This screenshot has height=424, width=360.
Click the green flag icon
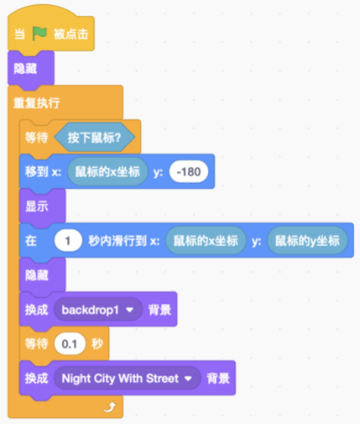click(x=39, y=34)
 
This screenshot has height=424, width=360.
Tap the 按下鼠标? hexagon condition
click(x=94, y=137)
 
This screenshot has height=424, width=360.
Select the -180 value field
click(x=189, y=171)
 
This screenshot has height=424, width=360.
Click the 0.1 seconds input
click(x=70, y=343)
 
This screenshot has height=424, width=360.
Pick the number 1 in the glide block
click(x=68, y=240)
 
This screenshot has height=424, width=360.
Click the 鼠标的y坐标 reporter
click(x=307, y=240)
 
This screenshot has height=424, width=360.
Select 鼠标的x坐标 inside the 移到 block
click(x=107, y=171)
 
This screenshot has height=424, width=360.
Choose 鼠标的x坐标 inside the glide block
click(x=206, y=240)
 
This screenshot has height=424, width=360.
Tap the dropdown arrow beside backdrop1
click(x=129, y=310)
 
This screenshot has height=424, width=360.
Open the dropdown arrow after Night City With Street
click(x=188, y=379)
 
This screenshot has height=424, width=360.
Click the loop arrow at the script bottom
click(x=110, y=407)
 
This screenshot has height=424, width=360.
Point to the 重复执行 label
click(x=36, y=103)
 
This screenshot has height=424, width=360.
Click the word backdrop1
click(x=90, y=310)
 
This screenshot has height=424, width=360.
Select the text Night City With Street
click(x=120, y=379)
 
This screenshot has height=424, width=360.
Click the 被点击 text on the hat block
click(x=71, y=34)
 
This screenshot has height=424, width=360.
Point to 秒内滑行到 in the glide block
click(x=117, y=240)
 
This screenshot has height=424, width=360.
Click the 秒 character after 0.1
click(x=97, y=343)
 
